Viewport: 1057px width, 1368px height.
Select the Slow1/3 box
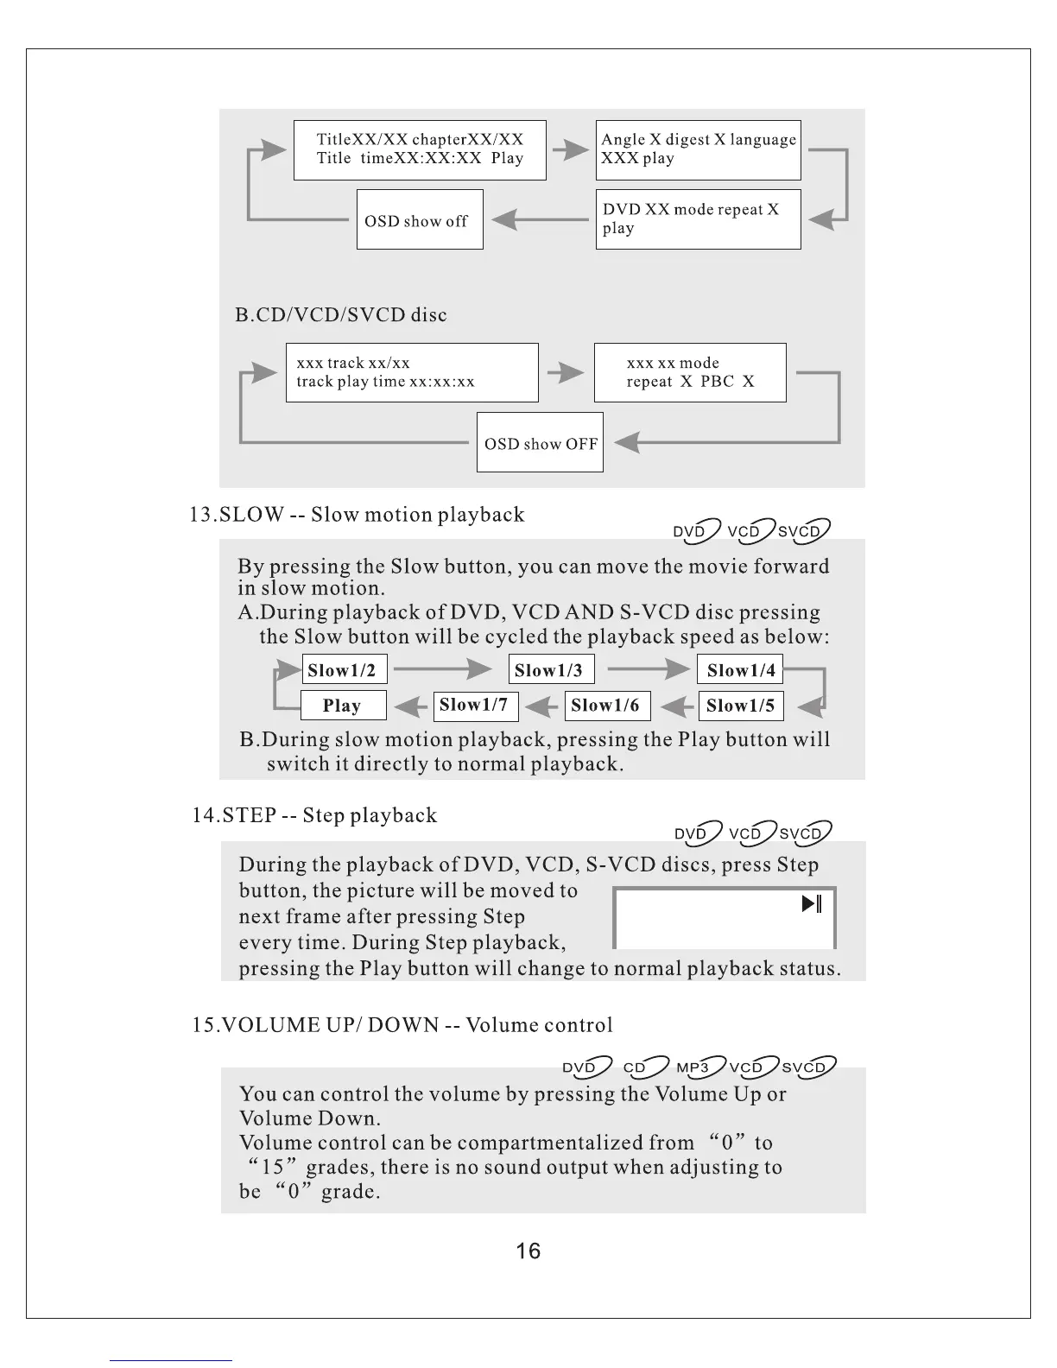[551, 670]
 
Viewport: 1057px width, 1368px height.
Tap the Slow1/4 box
[740, 670]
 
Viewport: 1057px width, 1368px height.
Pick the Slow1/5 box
[740, 706]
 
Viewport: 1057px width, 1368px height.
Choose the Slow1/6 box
[607, 706]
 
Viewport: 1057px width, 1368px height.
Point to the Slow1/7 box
[475, 706]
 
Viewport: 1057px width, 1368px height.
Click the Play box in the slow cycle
[343, 706]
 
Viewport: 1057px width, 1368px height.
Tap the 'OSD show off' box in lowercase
[420, 220]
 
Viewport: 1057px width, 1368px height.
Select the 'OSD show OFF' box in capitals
[540, 443]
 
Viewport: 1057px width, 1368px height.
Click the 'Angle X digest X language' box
[698, 149]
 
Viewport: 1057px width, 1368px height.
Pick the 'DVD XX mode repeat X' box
[698, 219]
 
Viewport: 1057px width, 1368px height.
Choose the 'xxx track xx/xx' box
[412, 372]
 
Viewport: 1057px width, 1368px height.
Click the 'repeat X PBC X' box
[690, 372]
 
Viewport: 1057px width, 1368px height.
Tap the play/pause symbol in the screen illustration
[812, 904]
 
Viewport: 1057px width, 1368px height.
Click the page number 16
[528, 1251]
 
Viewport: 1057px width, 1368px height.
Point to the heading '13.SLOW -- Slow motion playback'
[357, 515]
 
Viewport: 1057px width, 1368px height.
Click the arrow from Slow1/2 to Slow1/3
[442, 669]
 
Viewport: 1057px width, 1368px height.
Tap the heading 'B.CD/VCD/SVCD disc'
[341, 314]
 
